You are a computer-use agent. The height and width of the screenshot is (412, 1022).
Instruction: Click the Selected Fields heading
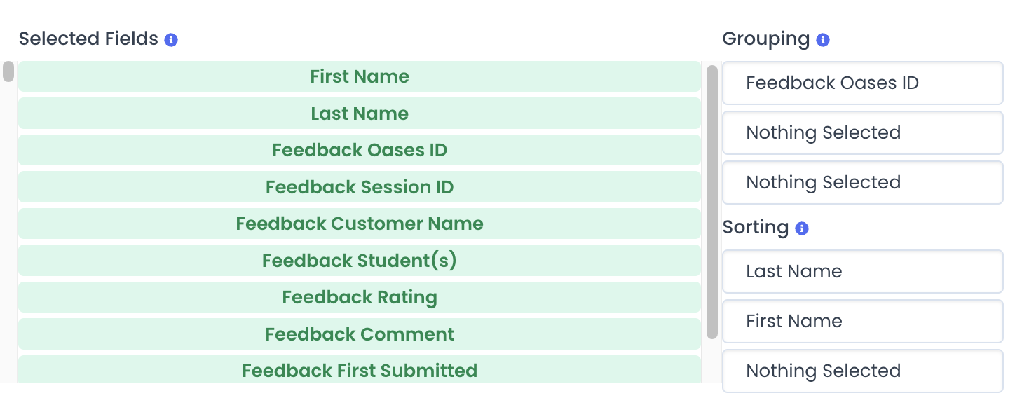coord(88,39)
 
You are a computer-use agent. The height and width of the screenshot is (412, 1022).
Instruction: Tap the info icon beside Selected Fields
coord(171,40)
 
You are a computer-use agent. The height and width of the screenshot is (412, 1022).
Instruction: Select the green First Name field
coord(360,76)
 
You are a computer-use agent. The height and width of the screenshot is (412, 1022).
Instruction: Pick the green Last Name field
coord(360,113)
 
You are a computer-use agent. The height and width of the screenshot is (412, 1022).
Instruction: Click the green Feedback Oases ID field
coord(360,150)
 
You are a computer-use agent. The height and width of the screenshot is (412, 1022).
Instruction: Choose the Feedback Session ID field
coord(360,187)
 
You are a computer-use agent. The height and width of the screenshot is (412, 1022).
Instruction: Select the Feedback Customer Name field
coord(360,224)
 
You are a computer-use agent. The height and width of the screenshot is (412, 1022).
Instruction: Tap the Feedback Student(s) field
coord(360,261)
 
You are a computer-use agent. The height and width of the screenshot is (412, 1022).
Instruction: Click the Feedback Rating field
coord(360,297)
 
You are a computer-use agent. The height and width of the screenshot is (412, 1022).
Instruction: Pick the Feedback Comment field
coord(360,334)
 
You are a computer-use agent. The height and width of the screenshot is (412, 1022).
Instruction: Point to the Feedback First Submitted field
coord(360,369)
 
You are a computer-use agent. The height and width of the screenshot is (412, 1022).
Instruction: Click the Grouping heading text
coord(765,39)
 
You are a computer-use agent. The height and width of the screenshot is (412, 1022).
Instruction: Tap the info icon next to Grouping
coord(823,40)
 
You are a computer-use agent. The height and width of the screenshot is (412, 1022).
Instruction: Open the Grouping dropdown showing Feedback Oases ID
coord(863,83)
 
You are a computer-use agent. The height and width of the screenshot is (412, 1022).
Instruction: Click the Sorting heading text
coord(756,227)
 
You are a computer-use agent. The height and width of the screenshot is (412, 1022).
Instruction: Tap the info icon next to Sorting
coord(802,228)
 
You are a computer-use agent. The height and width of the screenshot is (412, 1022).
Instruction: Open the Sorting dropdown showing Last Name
coord(863,271)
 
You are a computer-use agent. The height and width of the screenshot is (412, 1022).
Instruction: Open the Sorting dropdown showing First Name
coord(863,321)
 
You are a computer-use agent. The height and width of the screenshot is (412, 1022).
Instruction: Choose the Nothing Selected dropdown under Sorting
coord(863,371)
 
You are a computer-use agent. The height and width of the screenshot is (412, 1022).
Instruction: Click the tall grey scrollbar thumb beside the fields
coord(711,202)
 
